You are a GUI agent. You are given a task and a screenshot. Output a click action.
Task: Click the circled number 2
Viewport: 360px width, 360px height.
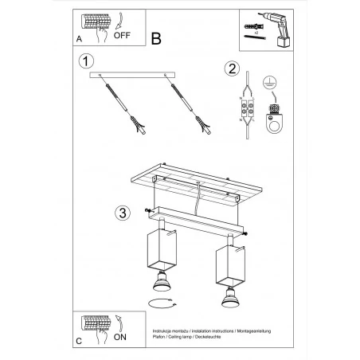point(232,68)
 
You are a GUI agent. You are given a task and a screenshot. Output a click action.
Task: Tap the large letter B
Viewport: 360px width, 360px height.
point(156,37)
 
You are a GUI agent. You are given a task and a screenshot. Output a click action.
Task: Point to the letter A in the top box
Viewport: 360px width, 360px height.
point(78,37)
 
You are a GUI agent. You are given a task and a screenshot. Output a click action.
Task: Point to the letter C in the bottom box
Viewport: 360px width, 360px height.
point(78,339)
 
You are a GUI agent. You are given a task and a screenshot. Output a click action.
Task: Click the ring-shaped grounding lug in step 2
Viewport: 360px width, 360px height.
point(274,119)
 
